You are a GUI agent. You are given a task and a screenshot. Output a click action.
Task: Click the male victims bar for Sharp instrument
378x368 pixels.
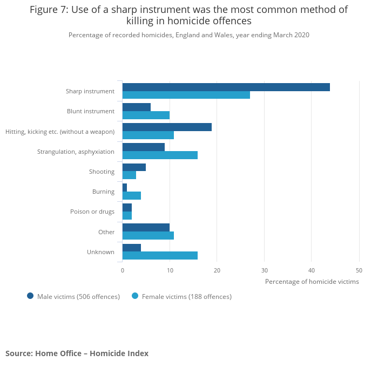click(226, 87)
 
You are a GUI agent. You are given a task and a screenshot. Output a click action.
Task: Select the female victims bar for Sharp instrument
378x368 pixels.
click(186, 95)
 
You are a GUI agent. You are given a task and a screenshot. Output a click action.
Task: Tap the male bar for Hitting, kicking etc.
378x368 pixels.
click(167, 127)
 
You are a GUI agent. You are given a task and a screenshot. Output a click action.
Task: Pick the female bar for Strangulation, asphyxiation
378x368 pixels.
click(160, 155)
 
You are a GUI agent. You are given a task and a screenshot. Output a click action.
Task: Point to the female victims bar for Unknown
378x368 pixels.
click(160, 256)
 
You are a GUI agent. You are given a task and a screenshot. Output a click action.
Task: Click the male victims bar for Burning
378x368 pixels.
click(125, 187)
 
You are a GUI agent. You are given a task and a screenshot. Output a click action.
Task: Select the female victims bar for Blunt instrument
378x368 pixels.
click(146, 115)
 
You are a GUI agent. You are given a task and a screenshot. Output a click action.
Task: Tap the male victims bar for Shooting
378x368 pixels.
click(134, 167)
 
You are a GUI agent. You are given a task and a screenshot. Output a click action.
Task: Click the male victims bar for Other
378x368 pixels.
click(146, 228)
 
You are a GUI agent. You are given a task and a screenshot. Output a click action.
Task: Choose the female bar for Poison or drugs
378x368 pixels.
click(127, 216)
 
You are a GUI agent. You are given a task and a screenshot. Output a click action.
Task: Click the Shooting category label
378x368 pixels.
click(102, 172)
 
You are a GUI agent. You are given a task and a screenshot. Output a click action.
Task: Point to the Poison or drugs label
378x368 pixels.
click(92, 212)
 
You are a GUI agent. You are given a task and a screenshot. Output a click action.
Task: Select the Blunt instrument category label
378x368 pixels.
click(91, 111)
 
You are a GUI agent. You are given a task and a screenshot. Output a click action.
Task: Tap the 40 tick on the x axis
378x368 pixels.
click(312, 270)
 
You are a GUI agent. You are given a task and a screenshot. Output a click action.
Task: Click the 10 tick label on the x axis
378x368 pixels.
click(170, 270)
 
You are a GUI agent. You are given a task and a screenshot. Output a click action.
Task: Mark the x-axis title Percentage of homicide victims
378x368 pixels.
click(312, 281)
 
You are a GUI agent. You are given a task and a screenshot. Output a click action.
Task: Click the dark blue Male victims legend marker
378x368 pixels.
click(30, 296)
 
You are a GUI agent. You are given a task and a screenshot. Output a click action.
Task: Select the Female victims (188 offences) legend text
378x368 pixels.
click(186, 296)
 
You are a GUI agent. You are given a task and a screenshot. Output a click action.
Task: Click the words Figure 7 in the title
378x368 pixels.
click(49, 10)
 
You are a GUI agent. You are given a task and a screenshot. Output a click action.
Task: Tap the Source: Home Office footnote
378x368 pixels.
click(77, 353)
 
